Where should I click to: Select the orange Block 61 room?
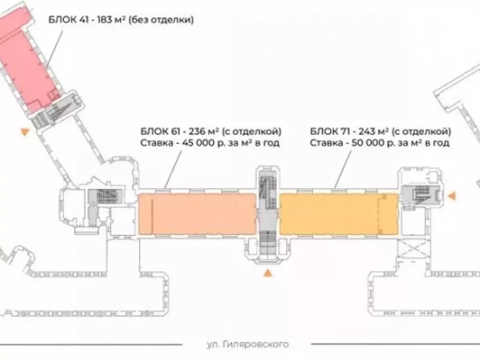[197, 214]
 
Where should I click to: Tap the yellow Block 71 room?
[338, 214]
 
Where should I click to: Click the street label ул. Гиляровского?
[247, 344]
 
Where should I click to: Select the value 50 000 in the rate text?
[369, 143]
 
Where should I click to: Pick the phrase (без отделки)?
[161, 20]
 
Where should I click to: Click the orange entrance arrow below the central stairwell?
[268, 273]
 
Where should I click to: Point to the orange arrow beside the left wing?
[25, 132]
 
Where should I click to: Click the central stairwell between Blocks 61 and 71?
[268, 214]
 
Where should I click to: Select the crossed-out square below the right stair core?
[411, 249]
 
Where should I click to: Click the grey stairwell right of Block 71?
[421, 196]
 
